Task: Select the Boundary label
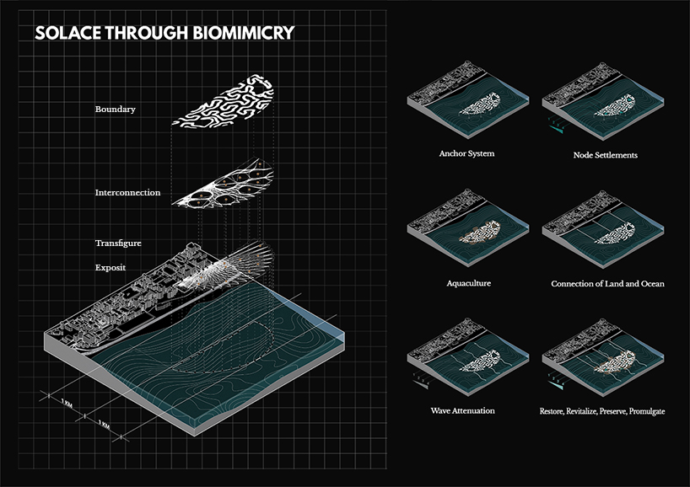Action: (x=116, y=110)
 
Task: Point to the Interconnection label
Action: (x=127, y=193)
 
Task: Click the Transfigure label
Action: (x=118, y=243)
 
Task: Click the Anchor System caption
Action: (x=466, y=154)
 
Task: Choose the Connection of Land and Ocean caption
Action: (x=607, y=284)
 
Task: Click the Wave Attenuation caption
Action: (x=461, y=410)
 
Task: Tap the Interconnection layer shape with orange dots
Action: (x=223, y=189)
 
